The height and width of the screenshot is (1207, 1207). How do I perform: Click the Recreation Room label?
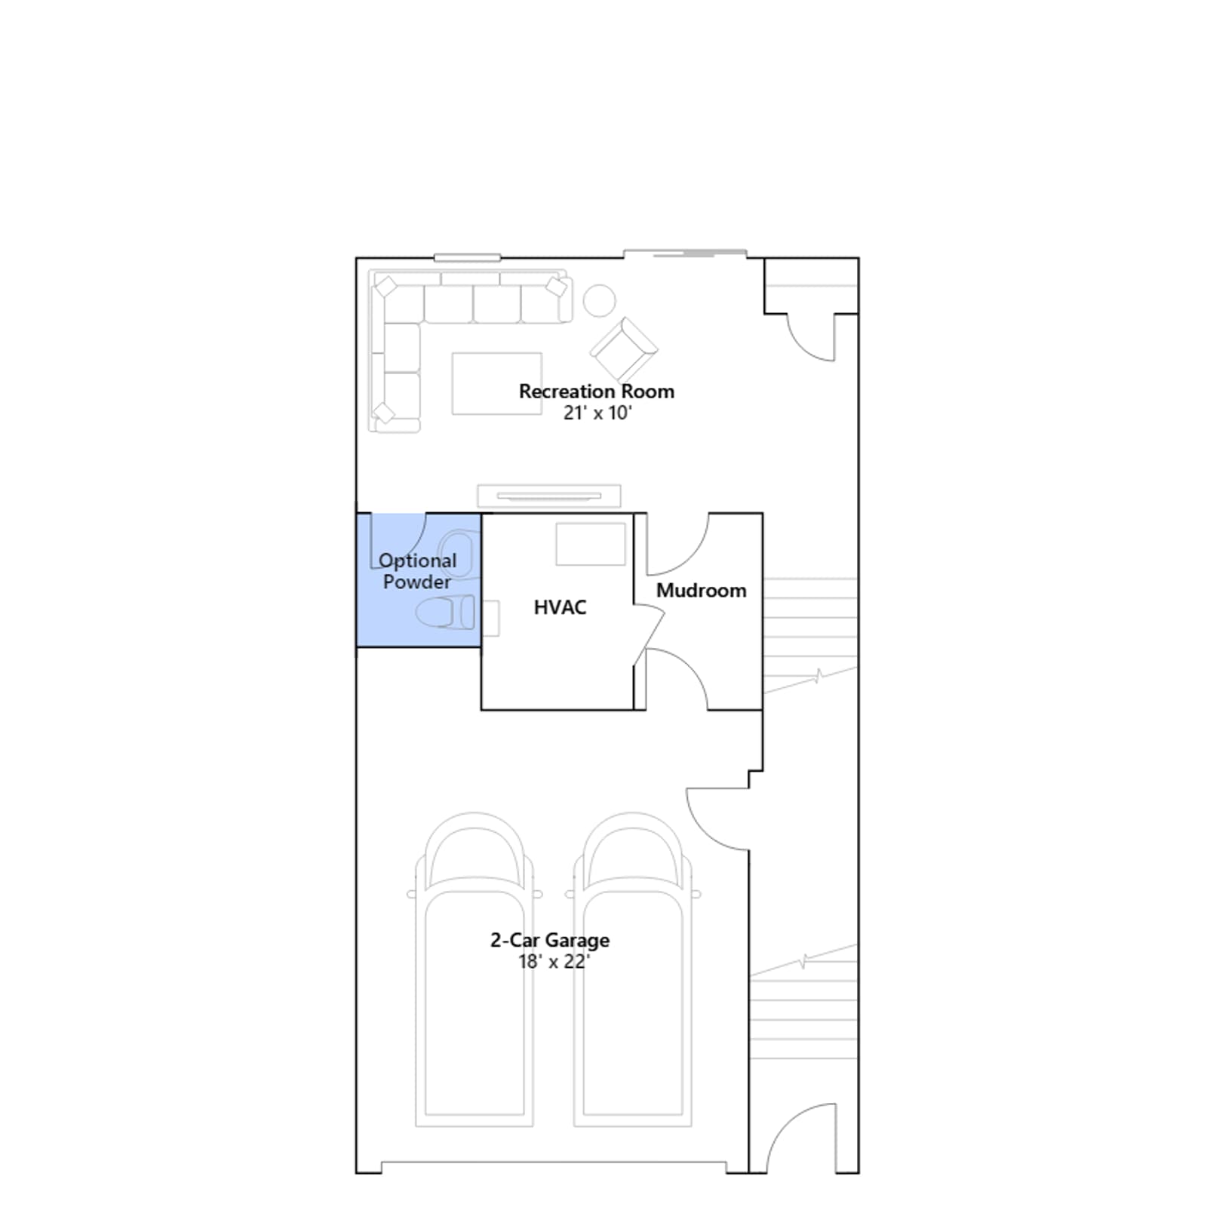(596, 392)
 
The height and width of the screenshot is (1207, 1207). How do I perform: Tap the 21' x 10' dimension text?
(597, 413)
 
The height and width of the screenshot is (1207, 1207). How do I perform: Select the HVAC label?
(560, 607)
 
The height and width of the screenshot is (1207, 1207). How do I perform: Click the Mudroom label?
(701, 590)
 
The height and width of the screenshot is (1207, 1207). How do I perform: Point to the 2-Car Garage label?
(550, 940)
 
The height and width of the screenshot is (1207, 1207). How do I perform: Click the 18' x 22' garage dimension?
(553, 962)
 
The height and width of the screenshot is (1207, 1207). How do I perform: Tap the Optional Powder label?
(417, 571)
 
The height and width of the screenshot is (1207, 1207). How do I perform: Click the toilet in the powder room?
(446, 612)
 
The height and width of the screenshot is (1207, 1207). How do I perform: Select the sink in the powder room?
(459, 554)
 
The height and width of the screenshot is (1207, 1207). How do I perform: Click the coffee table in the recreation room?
(497, 383)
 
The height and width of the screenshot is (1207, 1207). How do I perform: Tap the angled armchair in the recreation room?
(624, 349)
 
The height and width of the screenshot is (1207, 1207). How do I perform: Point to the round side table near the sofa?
(600, 300)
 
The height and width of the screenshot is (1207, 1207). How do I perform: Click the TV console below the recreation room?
(549, 496)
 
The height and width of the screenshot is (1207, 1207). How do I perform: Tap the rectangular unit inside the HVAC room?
(591, 544)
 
